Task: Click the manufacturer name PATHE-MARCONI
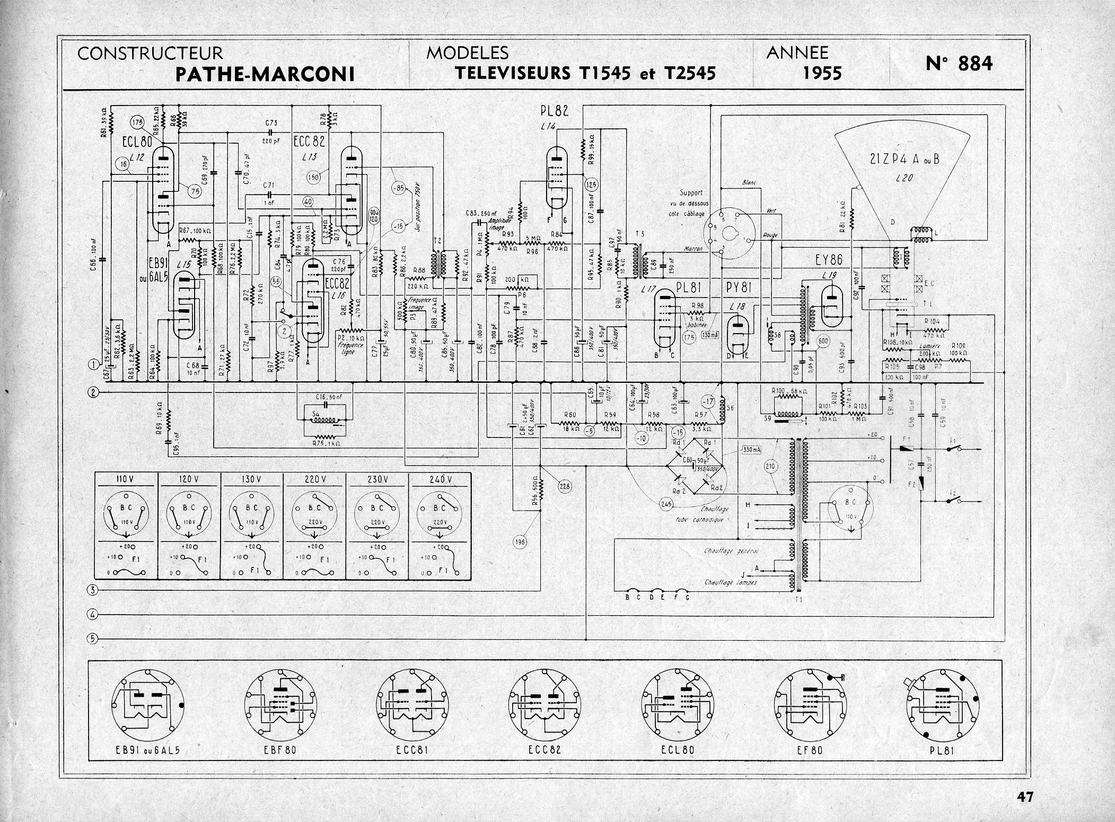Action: tap(265, 74)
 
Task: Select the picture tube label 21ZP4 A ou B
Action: tap(905, 159)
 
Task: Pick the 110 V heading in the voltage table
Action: tap(126, 479)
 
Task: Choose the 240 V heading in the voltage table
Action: tap(440, 479)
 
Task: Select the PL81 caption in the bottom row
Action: tap(939, 750)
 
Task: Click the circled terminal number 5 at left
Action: tap(92, 639)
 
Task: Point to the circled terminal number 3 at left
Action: tap(92, 590)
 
